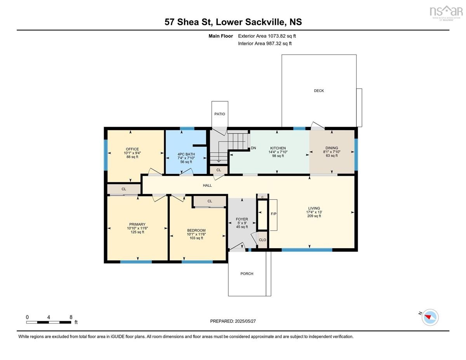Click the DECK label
tap(319, 91)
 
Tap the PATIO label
tap(219, 114)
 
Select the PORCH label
tap(247, 274)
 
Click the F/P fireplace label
tap(273, 214)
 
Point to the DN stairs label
tap(253, 148)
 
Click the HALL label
tap(207, 186)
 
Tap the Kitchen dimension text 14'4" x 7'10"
tap(278, 152)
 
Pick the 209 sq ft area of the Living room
tap(314, 216)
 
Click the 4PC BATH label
tap(186, 154)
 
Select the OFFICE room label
tap(132, 149)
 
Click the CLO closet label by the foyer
tap(262, 240)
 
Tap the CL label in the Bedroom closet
tap(210, 201)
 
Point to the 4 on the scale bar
tap(49, 317)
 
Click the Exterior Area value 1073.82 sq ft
tap(282, 36)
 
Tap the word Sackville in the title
tap(266, 22)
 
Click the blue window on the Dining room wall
tap(356, 155)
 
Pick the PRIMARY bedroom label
tap(137, 224)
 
